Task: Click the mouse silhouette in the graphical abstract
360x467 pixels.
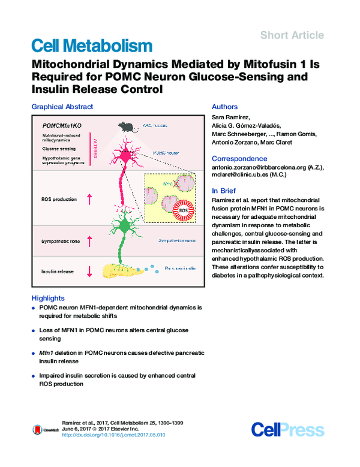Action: [125, 126]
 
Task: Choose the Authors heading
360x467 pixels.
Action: [225, 107]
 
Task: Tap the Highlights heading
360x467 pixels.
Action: [49, 298]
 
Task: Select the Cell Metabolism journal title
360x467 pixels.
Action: [91, 46]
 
